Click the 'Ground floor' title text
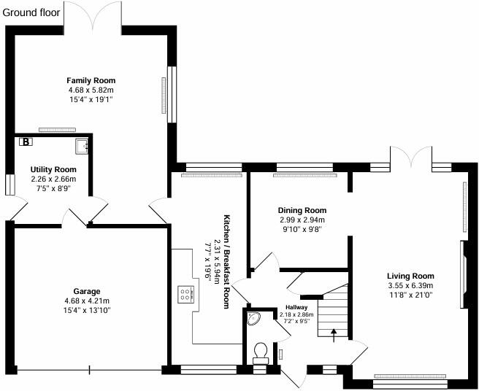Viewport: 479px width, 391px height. click(x=35, y=12)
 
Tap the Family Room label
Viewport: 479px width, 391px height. click(x=91, y=80)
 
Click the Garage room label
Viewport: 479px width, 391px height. click(x=86, y=291)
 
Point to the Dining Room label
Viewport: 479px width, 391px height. click(x=302, y=210)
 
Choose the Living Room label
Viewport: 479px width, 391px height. click(x=410, y=276)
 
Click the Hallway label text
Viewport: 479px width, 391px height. click(x=296, y=307)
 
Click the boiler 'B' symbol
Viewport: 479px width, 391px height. click(x=26, y=142)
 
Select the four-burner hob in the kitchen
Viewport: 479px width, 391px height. click(x=186, y=295)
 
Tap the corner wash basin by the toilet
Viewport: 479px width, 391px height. click(x=254, y=318)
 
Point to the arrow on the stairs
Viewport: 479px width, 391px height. click(x=334, y=335)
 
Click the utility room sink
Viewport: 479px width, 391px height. click(x=86, y=147)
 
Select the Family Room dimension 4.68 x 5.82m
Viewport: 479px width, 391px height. click(x=91, y=90)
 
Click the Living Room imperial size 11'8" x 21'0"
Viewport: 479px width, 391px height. click(x=410, y=295)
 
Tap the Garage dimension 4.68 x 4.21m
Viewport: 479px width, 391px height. click(x=86, y=301)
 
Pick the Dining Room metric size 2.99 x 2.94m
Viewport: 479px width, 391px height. click(x=302, y=220)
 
